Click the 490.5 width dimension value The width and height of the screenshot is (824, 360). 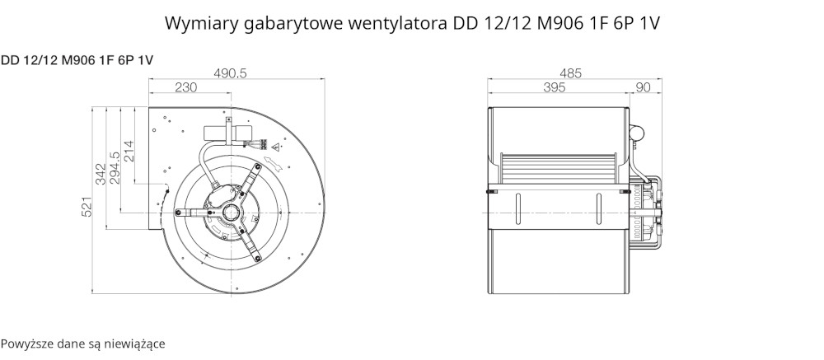(x=230, y=73)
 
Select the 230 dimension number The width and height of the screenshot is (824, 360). (x=185, y=87)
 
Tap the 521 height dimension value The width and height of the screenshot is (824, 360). (x=87, y=207)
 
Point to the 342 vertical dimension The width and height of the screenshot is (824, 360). (x=101, y=174)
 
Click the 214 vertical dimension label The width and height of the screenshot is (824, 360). (x=129, y=152)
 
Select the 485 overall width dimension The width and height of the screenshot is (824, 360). (x=571, y=73)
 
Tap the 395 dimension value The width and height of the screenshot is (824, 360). (x=554, y=87)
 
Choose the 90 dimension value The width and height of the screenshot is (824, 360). (x=643, y=87)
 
